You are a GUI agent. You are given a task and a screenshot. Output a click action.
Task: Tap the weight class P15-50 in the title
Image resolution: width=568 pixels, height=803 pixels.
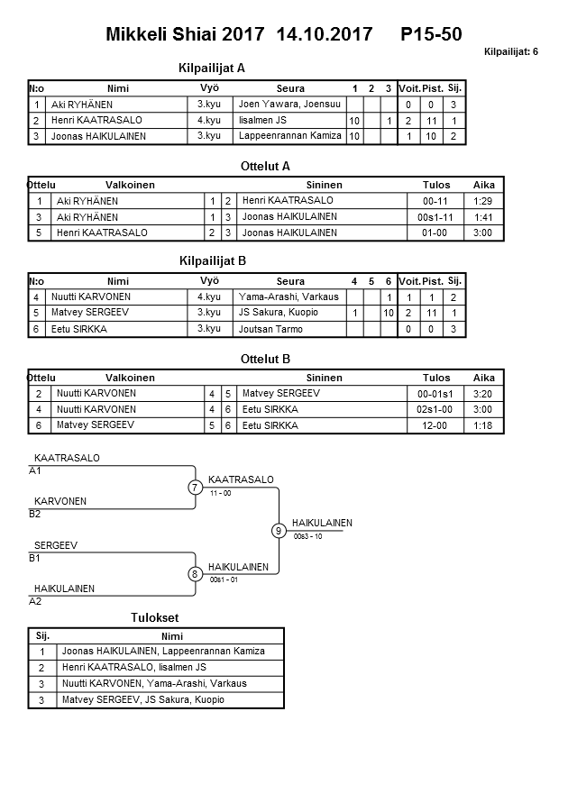coord(432,34)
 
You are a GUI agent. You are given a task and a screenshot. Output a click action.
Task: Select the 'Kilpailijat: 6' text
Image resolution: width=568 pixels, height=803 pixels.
coord(511,52)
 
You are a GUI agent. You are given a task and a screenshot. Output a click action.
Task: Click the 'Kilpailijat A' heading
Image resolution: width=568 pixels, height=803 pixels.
coord(213,68)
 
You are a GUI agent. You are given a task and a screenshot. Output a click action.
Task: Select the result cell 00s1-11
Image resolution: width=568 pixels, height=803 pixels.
coord(435,216)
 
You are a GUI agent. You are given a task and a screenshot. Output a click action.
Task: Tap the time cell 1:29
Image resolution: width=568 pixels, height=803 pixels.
coord(483,201)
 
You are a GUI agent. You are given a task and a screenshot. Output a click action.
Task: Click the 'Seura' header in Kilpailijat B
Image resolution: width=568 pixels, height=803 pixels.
coord(291,281)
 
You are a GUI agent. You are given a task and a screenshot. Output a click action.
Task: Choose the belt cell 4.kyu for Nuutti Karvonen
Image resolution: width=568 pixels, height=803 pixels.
coord(209,297)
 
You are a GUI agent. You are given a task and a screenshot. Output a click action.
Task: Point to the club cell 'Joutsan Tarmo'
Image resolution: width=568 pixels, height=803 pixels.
coord(270,329)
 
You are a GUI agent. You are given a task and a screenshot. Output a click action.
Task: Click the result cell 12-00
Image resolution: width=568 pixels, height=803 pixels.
coord(435,424)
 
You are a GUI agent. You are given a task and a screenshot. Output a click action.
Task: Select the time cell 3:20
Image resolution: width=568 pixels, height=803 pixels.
coord(483,393)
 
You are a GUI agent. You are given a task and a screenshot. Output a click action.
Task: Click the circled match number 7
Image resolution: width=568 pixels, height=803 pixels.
coord(195,488)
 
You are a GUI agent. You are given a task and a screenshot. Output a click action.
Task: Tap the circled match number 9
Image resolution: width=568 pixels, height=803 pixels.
coord(279,531)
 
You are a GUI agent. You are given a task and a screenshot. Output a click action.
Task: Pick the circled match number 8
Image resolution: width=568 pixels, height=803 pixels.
coord(195,574)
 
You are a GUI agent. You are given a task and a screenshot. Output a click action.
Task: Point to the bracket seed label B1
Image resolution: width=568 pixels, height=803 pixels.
coord(35,558)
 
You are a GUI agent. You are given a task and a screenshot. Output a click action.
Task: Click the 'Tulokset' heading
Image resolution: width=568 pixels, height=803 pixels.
coord(155,617)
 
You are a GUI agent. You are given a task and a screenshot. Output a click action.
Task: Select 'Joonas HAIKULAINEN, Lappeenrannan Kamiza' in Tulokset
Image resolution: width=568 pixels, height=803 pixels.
coord(163,652)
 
